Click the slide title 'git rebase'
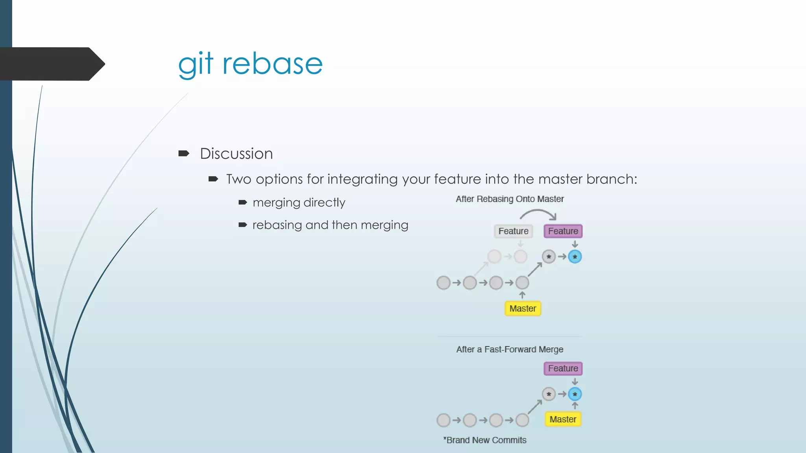pos(250,64)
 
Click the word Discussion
pos(236,154)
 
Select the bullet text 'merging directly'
pos(299,203)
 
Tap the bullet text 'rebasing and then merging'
pos(330,225)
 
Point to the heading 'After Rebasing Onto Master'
pos(510,199)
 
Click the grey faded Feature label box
pos(513,231)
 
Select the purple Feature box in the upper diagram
pos(563,231)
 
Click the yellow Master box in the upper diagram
pos(523,309)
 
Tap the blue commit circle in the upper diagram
pos(575,257)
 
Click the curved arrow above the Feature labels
pos(538,213)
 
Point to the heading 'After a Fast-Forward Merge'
pos(510,350)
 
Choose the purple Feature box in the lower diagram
pos(563,368)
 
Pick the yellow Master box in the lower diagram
pos(563,420)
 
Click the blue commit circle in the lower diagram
pos(575,394)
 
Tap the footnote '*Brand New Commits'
pos(485,440)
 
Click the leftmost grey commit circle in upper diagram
pos(444,283)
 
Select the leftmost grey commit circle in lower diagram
pos(444,420)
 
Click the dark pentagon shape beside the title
pos(51,64)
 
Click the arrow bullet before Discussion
pos(183,153)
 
